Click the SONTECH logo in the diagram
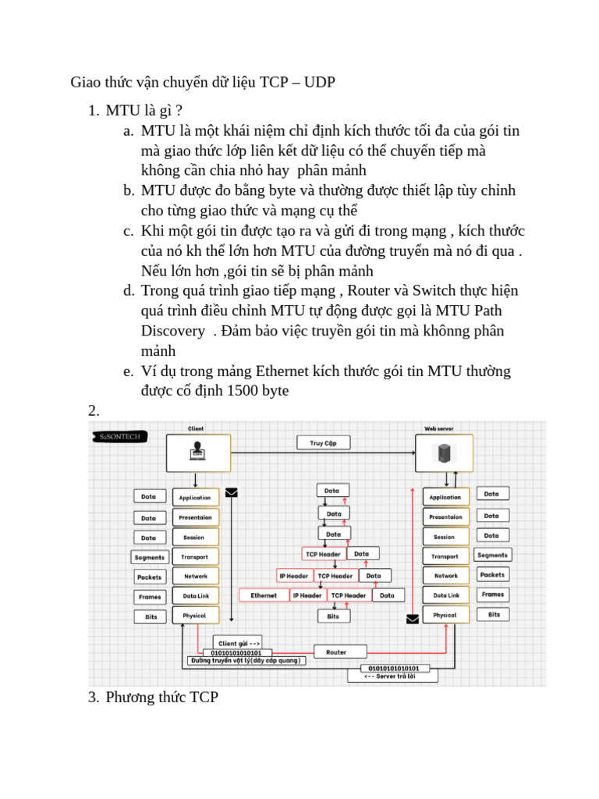point(119,436)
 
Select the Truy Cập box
point(324,442)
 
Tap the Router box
point(336,652)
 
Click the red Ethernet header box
point(264,595)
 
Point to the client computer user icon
point(197,451)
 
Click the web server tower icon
point(444,453)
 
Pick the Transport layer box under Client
point(194,557)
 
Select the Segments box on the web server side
point(492,556)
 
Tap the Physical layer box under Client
point(194,616)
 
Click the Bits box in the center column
point(333,616)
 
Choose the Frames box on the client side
point(150,597)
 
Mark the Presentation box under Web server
point(445,517)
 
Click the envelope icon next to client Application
point(231,492)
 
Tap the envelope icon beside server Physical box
point(412,619)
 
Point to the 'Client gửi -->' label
point(239,644)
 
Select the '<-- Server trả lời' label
point(392,677)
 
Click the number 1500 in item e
point(244,391)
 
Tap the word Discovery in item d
point(172,331)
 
